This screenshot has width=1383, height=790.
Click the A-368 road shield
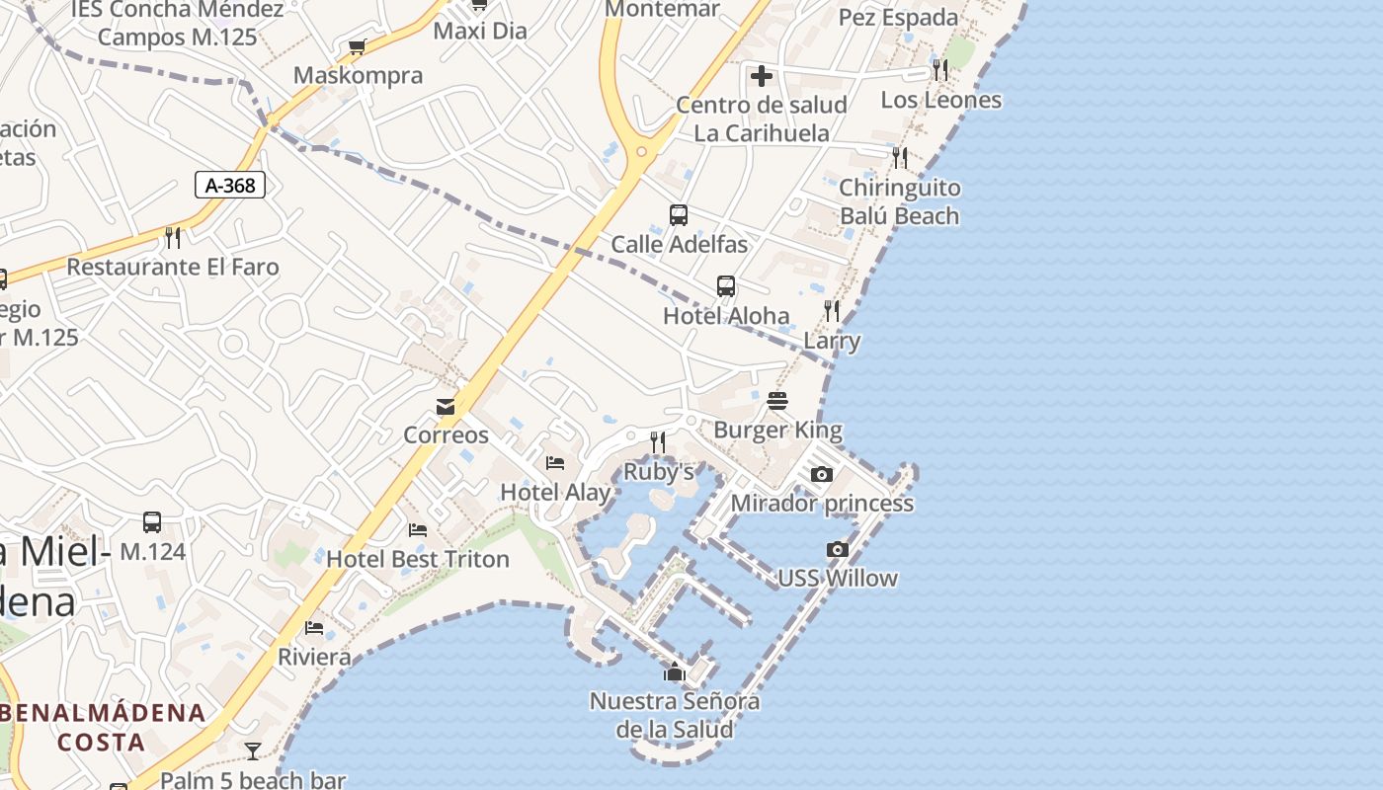coord(230,185)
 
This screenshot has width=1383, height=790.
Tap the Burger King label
coord(777,431)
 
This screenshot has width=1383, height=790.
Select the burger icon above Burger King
coord(777,401)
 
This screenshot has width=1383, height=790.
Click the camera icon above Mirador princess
coord(821,475)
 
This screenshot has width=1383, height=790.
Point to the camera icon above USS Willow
coord(837,550)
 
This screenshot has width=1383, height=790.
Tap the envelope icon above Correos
coord(446,407)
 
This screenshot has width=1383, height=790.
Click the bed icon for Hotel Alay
coord(555,463)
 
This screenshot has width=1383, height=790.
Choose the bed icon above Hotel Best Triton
coord(418,530)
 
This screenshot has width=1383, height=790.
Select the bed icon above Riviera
coord(314,628)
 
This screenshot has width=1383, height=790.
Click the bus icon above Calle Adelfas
coord(679,215)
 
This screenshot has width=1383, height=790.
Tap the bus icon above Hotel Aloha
coord(726,286)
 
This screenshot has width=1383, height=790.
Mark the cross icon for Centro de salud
coord(761,75)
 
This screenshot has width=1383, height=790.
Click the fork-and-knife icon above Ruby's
coord(658,441)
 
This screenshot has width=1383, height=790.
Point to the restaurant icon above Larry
coord(832,312)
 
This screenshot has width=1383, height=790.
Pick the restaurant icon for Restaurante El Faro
coord(173,237)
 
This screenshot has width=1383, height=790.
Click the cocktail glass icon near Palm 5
coord(253,751)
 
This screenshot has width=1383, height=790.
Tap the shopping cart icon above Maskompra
coord(358,46)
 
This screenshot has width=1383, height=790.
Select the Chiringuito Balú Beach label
coord(899,201)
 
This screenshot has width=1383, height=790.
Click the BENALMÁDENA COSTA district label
coord(103,727)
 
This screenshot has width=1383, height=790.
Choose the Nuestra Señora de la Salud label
coord(675,716)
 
